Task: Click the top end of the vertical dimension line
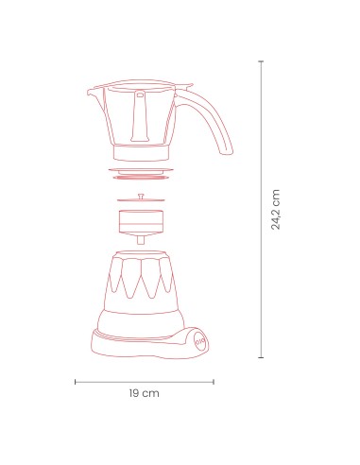pos(261,61)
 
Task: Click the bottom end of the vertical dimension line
pos(261,358)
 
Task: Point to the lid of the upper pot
pos(142,87)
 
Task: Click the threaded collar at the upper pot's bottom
pos(142,152)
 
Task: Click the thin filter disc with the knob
pos(142,201)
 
